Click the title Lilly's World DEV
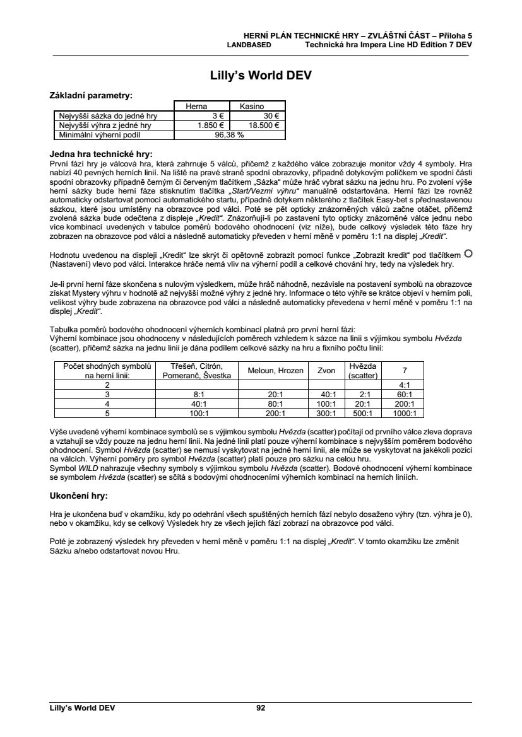tap(261, 76)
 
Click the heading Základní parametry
tap(91, 96)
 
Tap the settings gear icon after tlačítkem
tap(468, 253)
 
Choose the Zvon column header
tap(326, 371)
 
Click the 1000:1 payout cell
tap(401, 414)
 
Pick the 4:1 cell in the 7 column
tap(401, 385)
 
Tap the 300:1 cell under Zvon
tap(326, 414)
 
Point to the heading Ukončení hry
tap(78, 496)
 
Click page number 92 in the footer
tap(261, 708)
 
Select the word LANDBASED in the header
tap(249, 45)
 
